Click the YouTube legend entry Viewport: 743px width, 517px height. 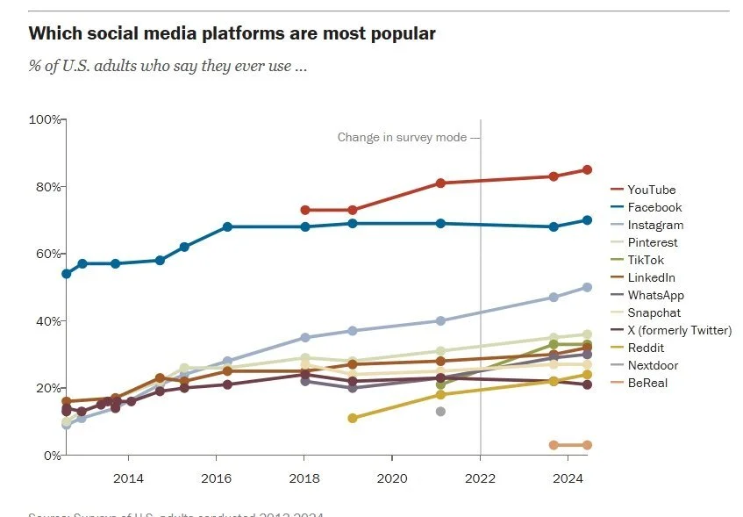(x=652, y=190)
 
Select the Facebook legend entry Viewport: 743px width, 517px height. (x=654, y=207)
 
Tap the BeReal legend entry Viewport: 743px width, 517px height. (x=648, y=383)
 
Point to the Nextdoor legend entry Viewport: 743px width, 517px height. (x=653, y=365)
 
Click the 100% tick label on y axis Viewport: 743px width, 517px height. (x=45, y=119)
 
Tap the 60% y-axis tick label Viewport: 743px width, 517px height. (x=46, y=254)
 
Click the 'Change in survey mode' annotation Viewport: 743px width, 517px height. (x=404, y=137)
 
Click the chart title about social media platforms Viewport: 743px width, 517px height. (x=232, y=34)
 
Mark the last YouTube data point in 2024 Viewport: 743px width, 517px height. (x=588, y=169)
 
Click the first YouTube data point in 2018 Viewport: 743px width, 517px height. (x=305, y=210)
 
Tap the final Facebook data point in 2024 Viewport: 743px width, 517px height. (x=588, y=220)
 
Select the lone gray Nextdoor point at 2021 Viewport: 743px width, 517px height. (x=440, y=412)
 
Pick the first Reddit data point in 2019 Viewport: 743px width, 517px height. (x=353, y=418)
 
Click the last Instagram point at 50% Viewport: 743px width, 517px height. (x=588, y=287)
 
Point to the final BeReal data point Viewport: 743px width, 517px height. (x=588, y=445)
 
